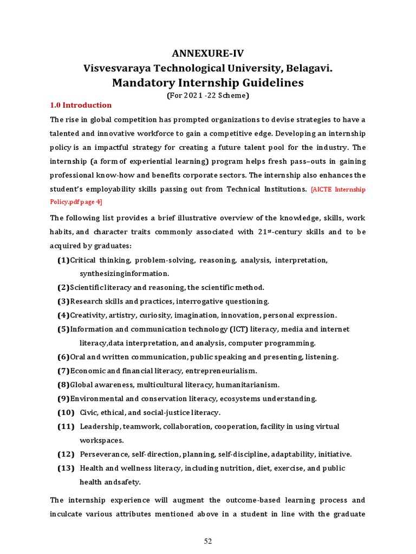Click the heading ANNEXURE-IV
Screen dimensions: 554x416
(207, 53)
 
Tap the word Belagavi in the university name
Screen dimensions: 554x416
(307, 68)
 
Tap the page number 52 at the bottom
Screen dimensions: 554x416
(208, 542)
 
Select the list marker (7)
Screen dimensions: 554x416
(63, 371)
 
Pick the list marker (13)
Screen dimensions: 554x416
(66, 468)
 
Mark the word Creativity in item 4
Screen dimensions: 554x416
(88, 315)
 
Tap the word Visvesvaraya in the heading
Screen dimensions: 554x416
(116, 68)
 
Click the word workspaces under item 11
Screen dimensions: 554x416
(102, 440)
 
